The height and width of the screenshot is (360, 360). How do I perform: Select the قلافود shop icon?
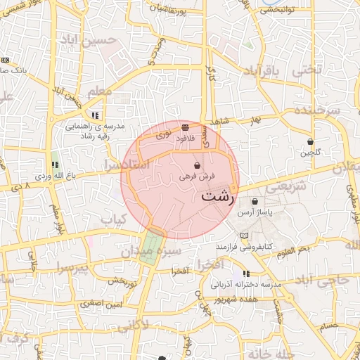tap(185, 128)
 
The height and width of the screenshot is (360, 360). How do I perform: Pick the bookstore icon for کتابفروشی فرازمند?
tap(244, 236)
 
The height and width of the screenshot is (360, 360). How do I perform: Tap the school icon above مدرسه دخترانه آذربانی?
tap(245, 274)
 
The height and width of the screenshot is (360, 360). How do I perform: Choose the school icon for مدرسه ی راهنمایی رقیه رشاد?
tap(95, 115)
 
